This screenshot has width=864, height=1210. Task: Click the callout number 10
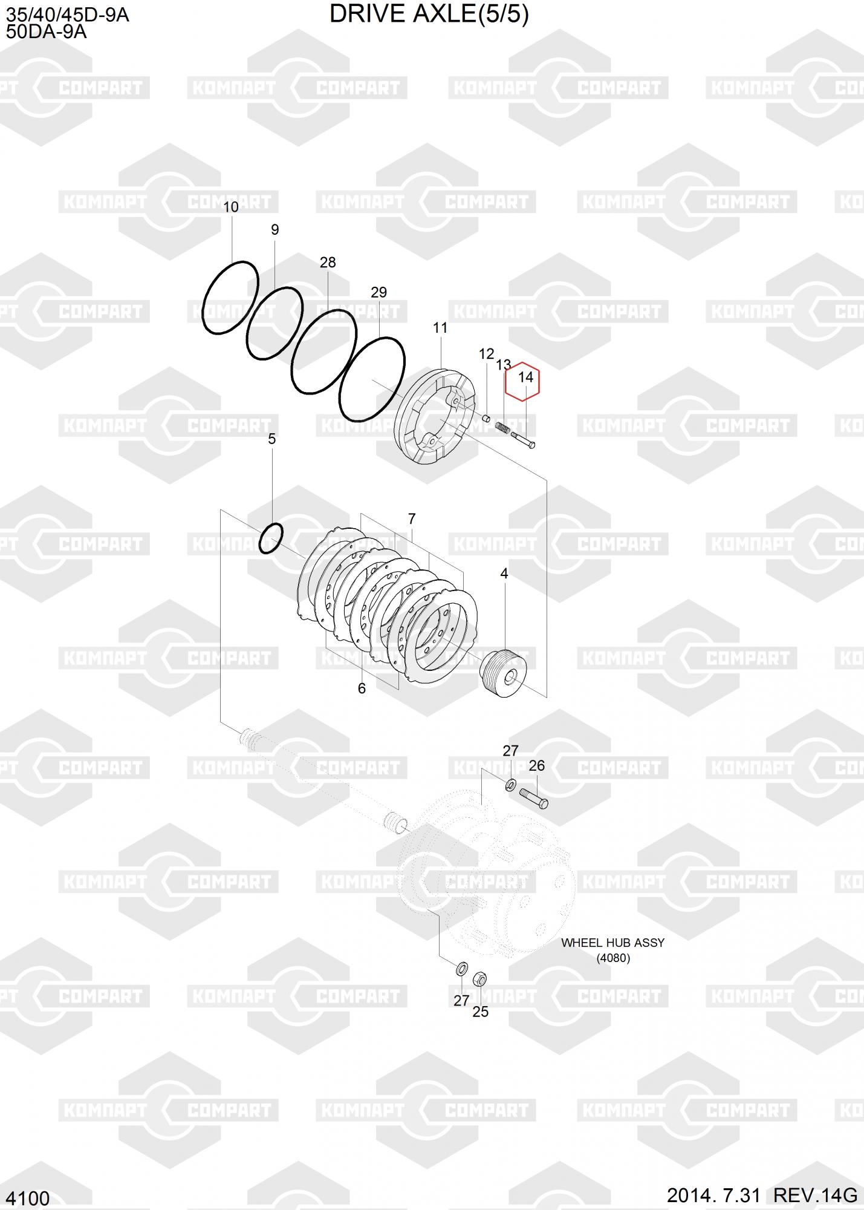[231, 207]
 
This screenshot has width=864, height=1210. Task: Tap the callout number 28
[328, 263]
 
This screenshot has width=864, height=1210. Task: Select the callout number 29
[378, 293]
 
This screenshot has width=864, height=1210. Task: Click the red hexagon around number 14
[522, 381]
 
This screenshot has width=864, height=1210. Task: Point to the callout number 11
[440, 328]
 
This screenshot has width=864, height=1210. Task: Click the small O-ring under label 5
[271, 537]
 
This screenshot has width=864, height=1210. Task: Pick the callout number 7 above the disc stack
[412, 519]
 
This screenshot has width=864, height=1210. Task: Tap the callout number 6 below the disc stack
[362, 688]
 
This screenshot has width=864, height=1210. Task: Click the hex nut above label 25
[479, 978]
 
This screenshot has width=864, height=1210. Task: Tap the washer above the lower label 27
[460, 968]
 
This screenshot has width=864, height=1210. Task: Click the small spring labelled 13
[502, 427]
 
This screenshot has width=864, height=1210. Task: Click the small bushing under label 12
[486, 417]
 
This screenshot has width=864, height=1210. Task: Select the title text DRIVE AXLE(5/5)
[429, 14]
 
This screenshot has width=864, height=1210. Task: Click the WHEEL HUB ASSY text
[612, 943]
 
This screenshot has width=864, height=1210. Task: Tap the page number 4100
[28, 1198]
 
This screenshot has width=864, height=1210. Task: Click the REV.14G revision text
[816, 1195]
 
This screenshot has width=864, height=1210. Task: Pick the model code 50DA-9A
[47, 32]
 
